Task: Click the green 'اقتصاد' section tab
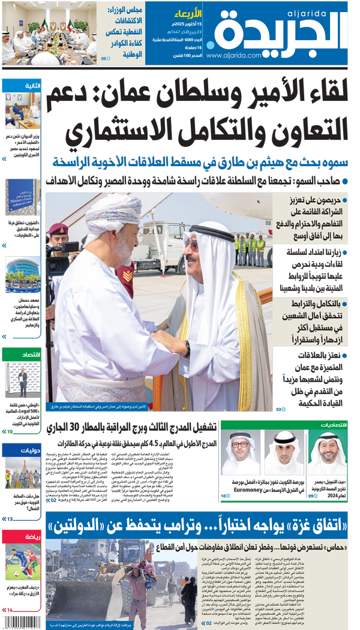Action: pyautogui.click(x=22, y=355)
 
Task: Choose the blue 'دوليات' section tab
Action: pyautogui.click(x=22, y=450)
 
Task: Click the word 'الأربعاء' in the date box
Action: pyautogui.click(x=189, y=13)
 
